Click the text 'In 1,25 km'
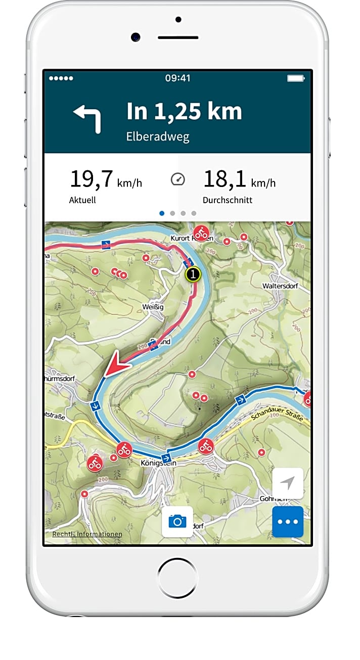(184, 112)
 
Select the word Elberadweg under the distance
(158, 137)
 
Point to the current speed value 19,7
(91, 179)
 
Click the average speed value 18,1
(224, 179)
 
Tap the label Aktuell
(82, 200)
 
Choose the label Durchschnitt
(228, 200)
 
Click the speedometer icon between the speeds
(178, 179)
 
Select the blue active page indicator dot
(162, 213)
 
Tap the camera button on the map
(177, 521)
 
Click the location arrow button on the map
(288, 484)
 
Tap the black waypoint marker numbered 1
(193, 275)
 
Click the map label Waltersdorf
(280, 286)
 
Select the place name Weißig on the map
(152, 308)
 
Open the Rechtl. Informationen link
(87, 534)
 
